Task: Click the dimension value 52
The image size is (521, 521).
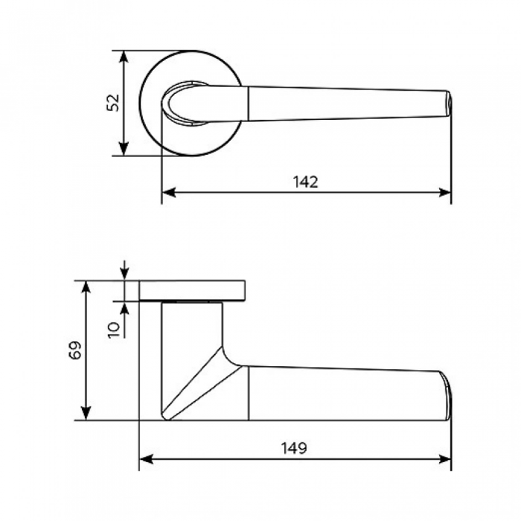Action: coord(113,103)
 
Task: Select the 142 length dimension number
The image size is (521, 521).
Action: coord(305,182)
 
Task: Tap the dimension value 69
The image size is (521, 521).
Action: coord(75,350)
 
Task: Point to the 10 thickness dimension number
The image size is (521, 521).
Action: coord(114,330)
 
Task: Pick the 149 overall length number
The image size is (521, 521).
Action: coord(294,448)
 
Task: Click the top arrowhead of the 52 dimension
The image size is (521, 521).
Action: coord(124,57)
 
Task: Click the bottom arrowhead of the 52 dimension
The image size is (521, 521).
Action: coord(124,149)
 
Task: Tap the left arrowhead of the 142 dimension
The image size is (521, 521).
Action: coord(168,192)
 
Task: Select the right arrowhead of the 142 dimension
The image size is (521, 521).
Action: coord(444,192)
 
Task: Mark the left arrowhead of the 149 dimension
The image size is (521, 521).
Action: coord(146,459)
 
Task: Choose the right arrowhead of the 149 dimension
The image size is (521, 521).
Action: coord(444,459)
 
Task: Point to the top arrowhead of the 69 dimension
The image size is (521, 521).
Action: coord(86,288)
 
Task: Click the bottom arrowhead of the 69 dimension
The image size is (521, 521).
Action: coord(86,414)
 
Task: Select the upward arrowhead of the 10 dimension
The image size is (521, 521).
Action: coord(124,308)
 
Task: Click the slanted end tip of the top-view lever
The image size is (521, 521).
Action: coord(447,103)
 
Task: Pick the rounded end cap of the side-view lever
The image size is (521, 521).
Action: coord(447,395)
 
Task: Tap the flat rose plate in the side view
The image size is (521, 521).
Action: coord(192,291)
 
